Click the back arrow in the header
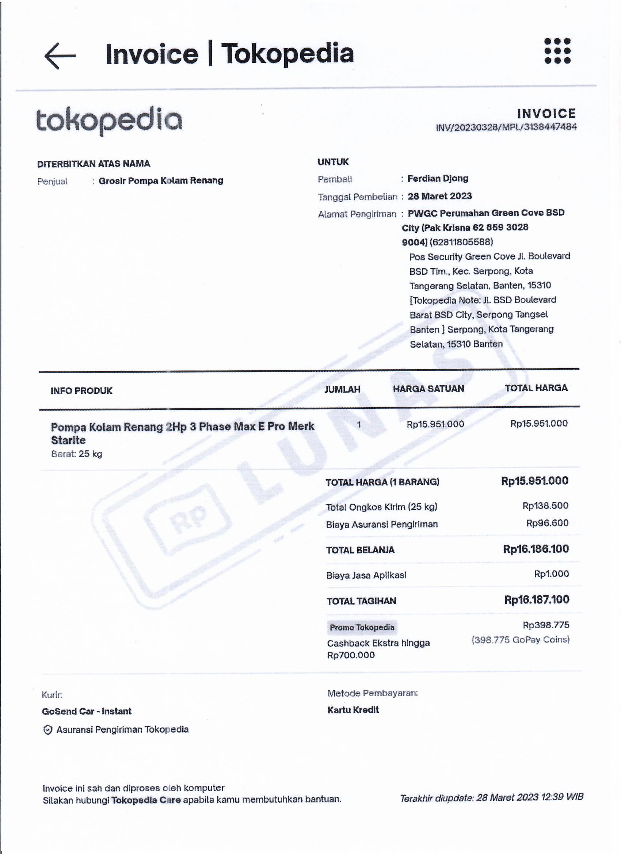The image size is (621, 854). click(60, 56)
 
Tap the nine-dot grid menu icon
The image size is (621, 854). click(557, 50)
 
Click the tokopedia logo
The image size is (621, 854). click(109, 121)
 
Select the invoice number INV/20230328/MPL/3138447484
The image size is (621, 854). click(506, 127)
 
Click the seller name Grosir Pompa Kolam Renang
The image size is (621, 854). click(161, 181)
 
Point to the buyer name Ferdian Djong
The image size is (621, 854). click(438, 179)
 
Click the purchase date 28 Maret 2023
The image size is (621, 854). click(439, 196)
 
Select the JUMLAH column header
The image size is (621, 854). click(342, 389)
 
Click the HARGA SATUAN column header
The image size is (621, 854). click(428, 389)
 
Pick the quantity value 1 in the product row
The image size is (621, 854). click(359, 425)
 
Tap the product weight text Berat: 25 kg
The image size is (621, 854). click(76, 454)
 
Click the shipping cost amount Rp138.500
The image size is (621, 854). click(545, 506)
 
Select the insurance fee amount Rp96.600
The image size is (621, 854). click(547, 523)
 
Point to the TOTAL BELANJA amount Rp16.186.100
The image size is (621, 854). click(536, 549)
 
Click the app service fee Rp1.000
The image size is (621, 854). click(551, 574)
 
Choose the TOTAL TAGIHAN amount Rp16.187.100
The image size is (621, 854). click(536, 600)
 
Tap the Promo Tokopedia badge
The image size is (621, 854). click(362, 627)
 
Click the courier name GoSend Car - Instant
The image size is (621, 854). click(87, 711)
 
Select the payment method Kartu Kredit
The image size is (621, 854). click(353, 710)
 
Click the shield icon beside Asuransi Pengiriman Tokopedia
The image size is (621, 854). click(47, 731)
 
